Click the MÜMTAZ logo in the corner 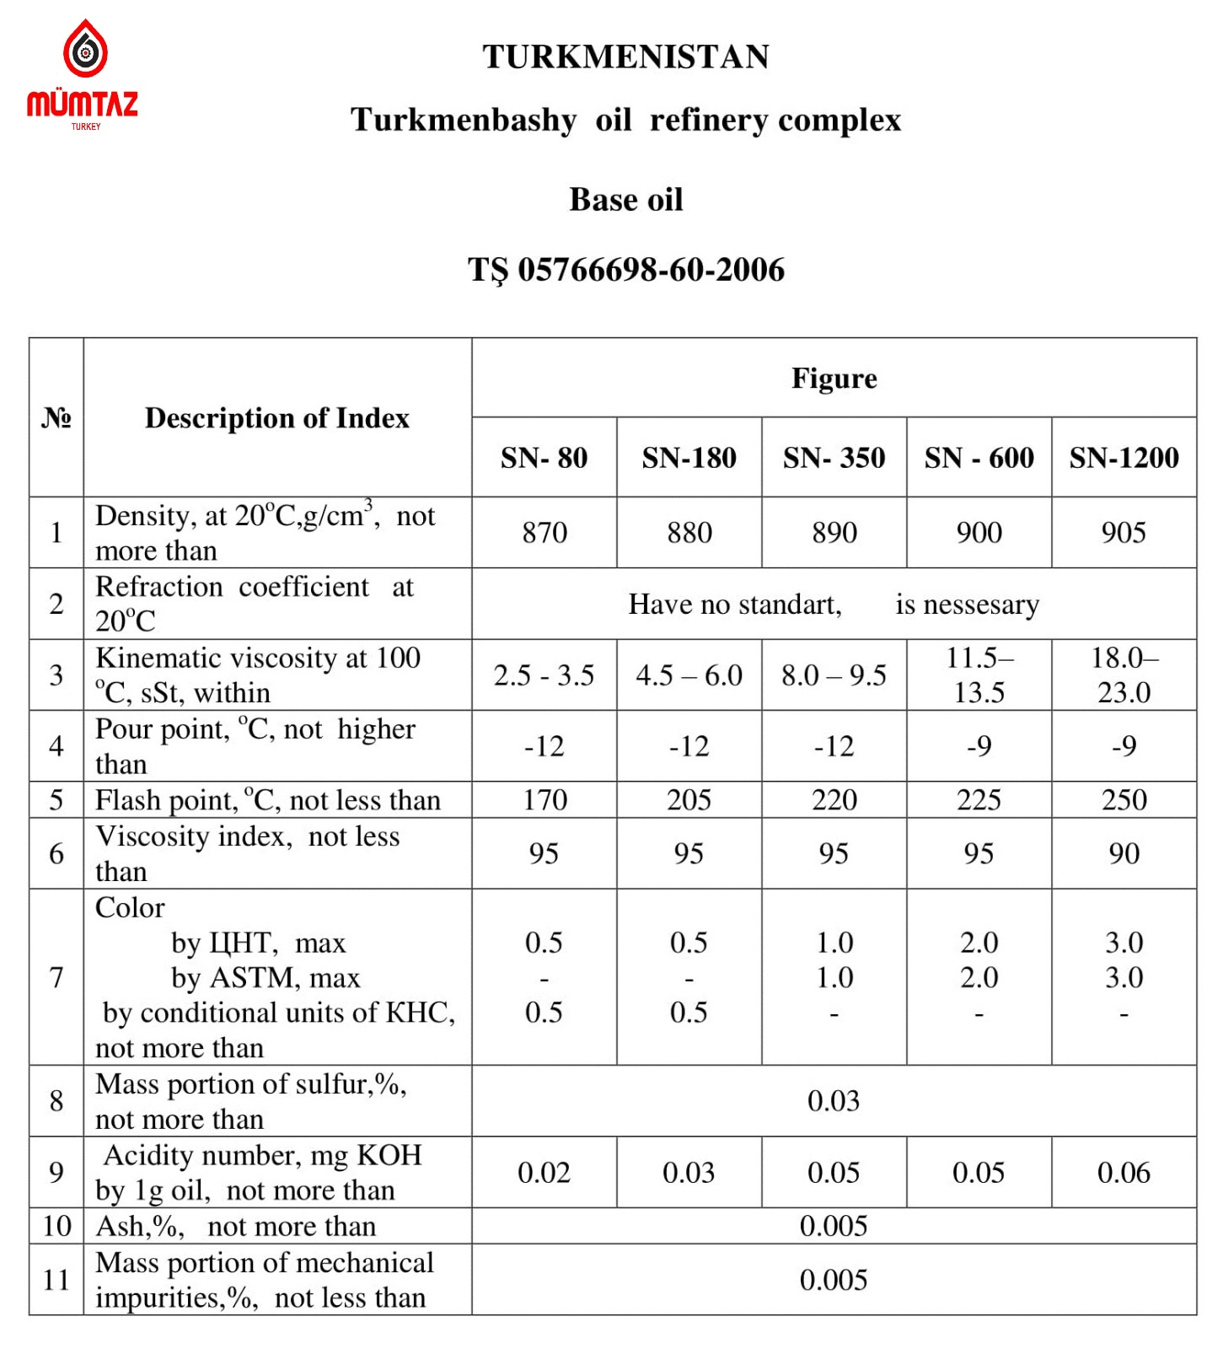click(83, 76)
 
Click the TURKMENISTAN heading click(625, 57)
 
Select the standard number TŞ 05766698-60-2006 click(625, 271)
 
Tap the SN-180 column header click(689, 458)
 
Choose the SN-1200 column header click(1124, 458)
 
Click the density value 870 click(544, 533)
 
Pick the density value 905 click(1124, 533)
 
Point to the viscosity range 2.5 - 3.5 click(544, 675)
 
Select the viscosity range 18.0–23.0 click(1124, 675)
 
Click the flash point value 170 click(544, 800)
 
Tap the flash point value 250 click(1124, 800)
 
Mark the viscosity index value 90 click(1124, 854)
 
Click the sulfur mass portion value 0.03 click(834, 1101)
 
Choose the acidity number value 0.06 click(1124, 1173)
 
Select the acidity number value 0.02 click(544, 1173)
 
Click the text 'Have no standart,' click(735, 605)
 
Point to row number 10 click(56, 1226)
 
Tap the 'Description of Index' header click(277, 418)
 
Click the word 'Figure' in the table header click(834, 379)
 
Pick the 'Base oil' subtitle click(625, 201)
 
